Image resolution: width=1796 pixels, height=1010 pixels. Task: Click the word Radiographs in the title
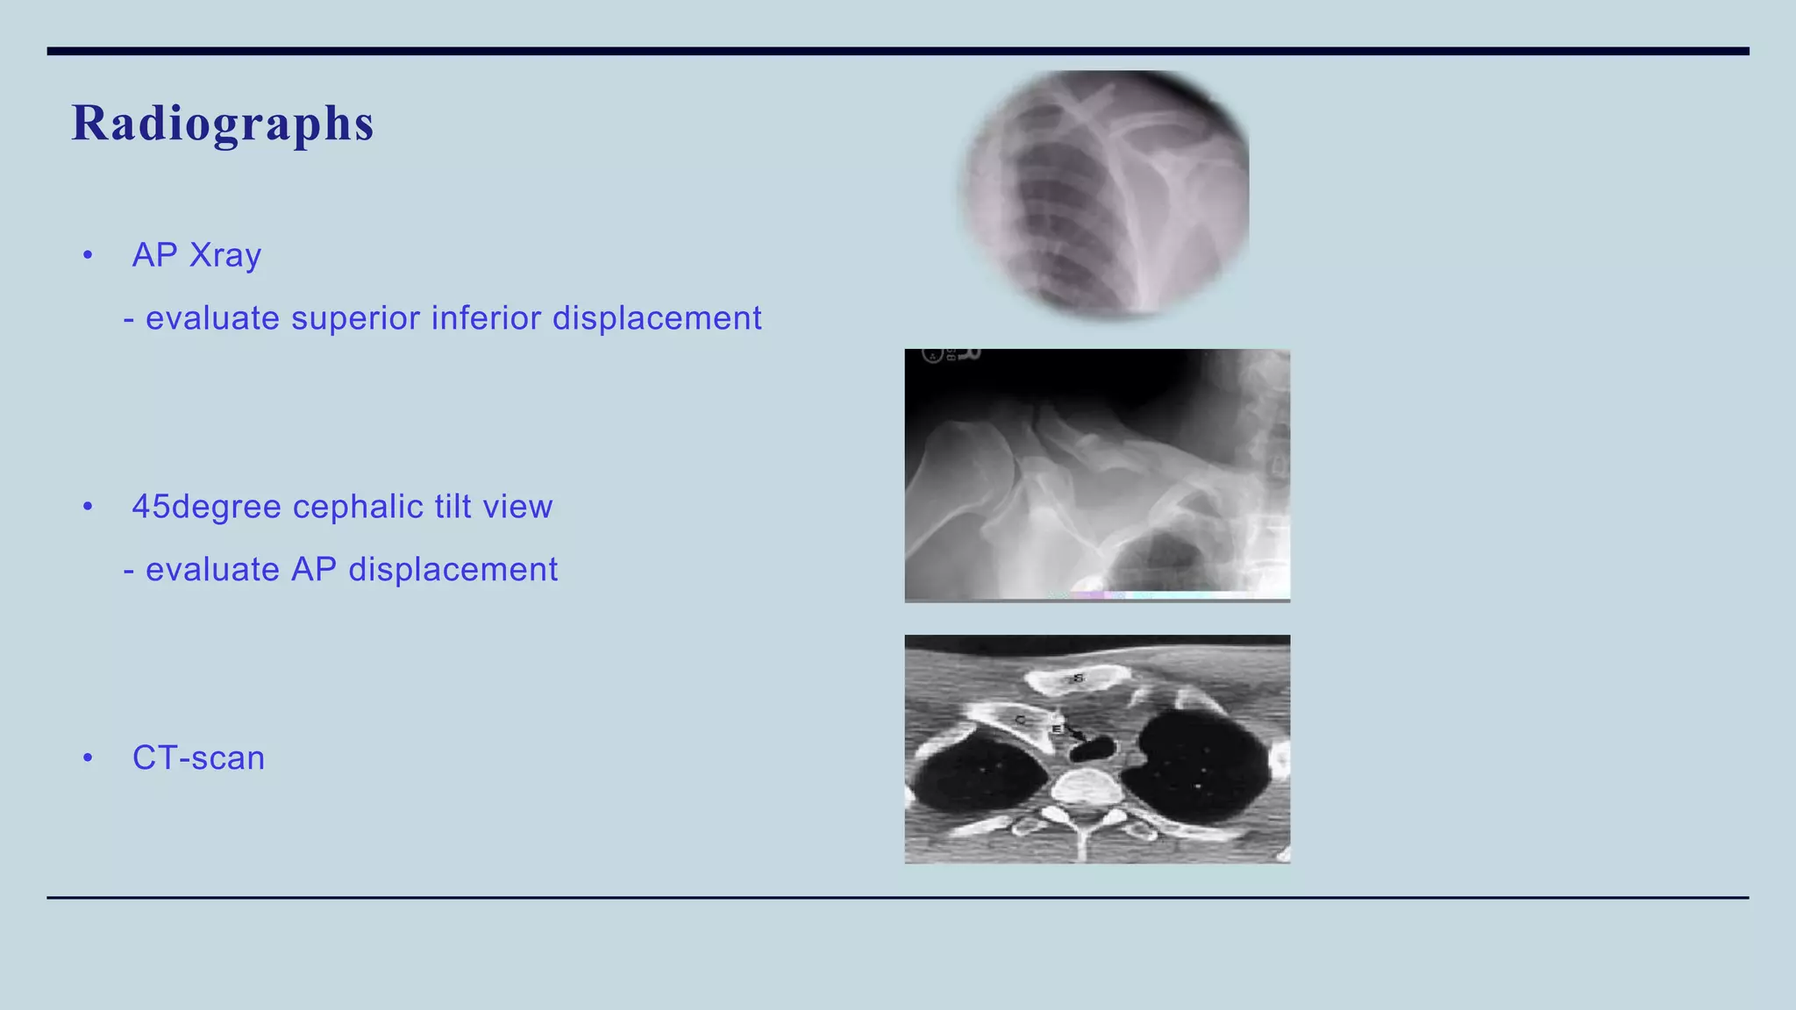[223, 123]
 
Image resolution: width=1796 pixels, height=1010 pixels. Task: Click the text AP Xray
[196, 255]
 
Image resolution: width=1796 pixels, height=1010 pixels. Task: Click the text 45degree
[206, 507]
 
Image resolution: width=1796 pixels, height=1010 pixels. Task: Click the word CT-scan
[198, 758]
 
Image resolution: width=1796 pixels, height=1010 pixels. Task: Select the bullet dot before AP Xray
[88, 256]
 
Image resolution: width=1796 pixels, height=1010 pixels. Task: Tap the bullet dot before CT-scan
[88, 758]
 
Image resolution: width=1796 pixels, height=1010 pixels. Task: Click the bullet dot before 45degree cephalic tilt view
[88, 508]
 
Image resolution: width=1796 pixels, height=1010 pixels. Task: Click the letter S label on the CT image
[1079, 678]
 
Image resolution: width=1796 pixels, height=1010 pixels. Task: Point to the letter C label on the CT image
[1020, 720]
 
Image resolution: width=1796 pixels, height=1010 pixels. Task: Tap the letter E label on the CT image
[1057, 729]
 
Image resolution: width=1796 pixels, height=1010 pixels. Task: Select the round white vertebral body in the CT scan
[1086, 789]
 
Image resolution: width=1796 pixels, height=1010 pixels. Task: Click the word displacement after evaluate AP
[453, 570]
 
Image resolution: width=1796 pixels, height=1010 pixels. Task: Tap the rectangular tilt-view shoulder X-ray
[1096, 475]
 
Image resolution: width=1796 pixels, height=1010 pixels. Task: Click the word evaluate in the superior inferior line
[212, 317]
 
